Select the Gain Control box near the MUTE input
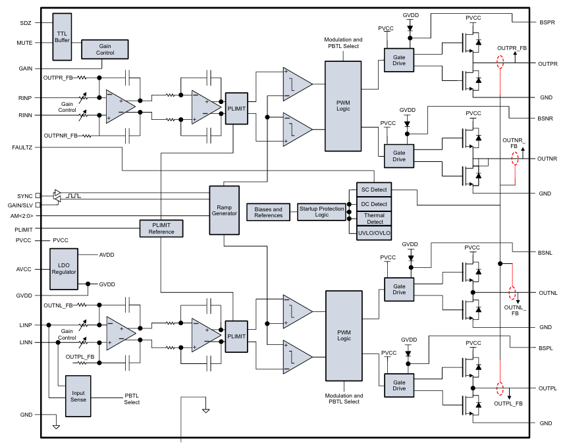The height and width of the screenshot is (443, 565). pyautogui.click(x=105, y=49)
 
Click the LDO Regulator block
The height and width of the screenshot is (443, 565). pyautogui.click(x=64, y=269)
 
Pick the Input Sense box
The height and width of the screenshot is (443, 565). pyautogui.click(x=78, y=395)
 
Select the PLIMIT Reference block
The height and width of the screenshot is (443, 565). pyautogui.click(x=161, y=228)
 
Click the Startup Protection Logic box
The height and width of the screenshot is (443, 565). pyautogui.click(x=321, y=211)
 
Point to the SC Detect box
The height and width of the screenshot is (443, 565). pyautogui.click(x=373, y=190)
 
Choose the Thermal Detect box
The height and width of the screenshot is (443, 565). pyautogui.click(x=373, y=218)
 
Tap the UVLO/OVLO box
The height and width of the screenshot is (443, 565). pyautogui.click(x=373, y=232)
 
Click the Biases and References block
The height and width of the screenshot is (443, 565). pyautogui.click(x=268, y=211)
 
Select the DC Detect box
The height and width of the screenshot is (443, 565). pyautogui.click(x=373, y=204)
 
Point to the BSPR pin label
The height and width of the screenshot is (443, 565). pyautogui.click(x=547, y=22)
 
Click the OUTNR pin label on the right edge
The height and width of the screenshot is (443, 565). pyautogui.click(x=547, y=159)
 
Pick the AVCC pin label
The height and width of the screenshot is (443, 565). pyautogui.click(x=24, y=269)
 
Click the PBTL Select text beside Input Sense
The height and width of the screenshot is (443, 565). pyautogui.click(x=132, y=398)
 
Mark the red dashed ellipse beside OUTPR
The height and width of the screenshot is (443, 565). pyautogui.click(x=500, y=63)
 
